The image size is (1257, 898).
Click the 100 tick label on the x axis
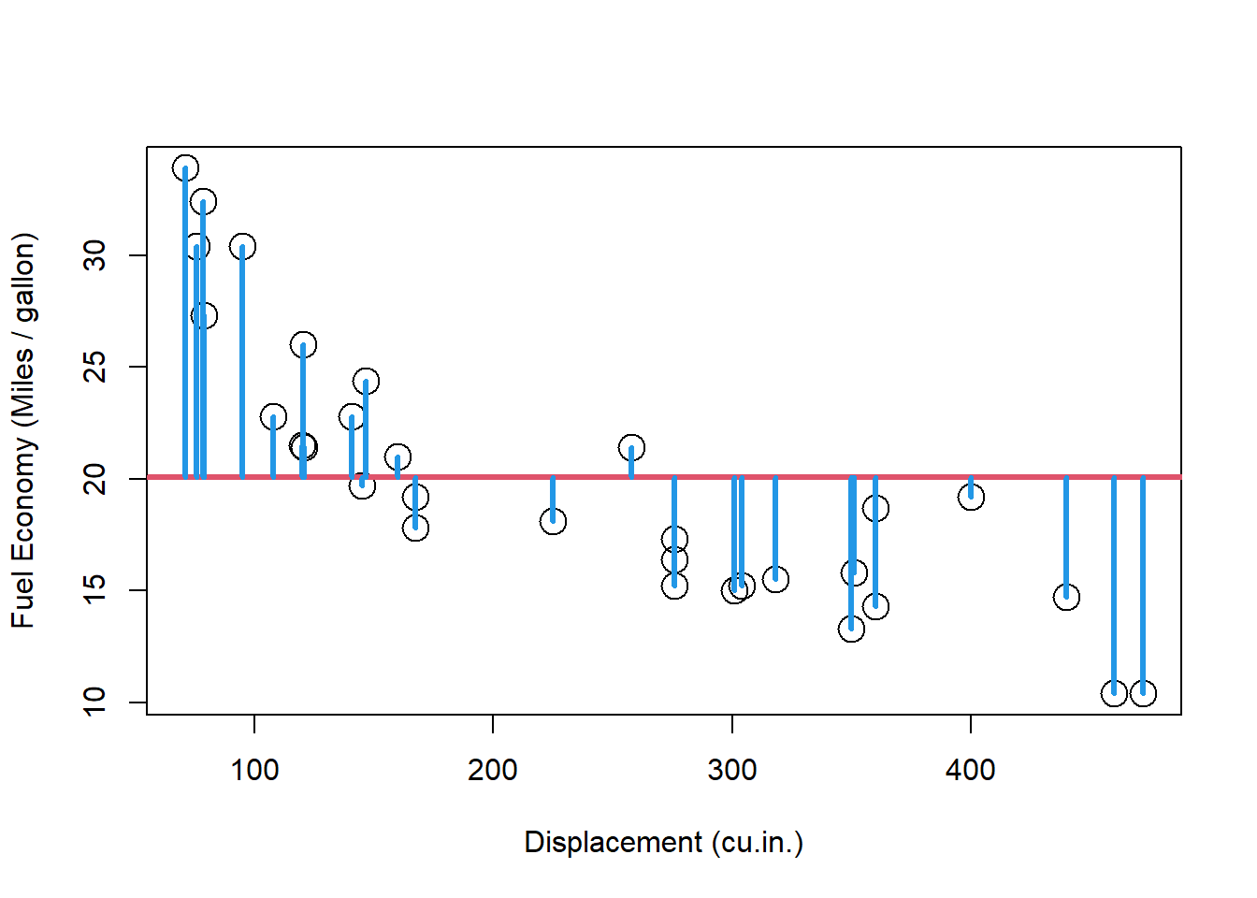254,771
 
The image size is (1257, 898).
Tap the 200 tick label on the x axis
493,771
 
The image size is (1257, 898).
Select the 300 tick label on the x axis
732,771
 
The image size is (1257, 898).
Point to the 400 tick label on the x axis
971,771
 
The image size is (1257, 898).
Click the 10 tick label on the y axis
95,702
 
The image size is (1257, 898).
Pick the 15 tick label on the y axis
95,590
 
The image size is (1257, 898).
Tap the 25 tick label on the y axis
95,367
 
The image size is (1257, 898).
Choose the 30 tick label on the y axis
95,255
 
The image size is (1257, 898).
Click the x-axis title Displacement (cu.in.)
664,842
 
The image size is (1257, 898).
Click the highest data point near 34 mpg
185,168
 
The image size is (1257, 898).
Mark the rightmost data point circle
1143,693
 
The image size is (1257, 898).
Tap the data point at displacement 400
971,497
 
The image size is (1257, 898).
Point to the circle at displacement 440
1066,597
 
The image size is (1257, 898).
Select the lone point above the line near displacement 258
631,447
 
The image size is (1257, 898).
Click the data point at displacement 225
553,521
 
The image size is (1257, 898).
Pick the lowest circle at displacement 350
851,629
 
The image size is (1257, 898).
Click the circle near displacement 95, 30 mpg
242,247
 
